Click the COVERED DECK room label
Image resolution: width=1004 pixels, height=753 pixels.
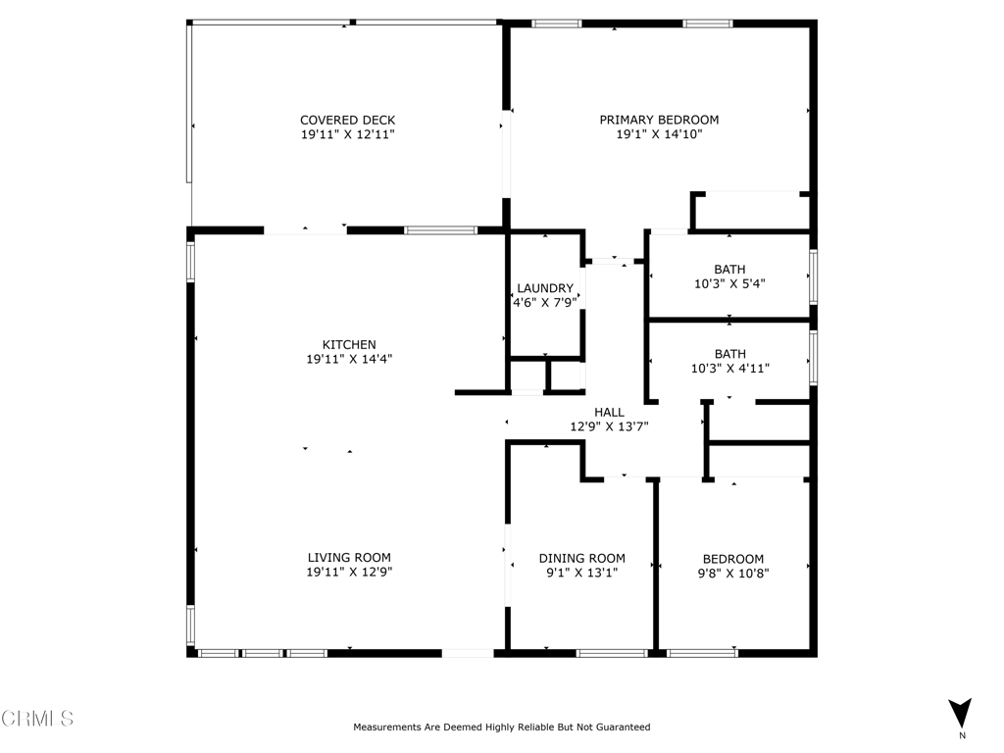pyautogui.click(x=347, y=121)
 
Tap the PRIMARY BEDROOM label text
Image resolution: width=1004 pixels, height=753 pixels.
pyautogui.click(x=659, y=121)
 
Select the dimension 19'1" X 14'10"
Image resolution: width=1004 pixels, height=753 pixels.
pyautogui.click(x=659, y=134)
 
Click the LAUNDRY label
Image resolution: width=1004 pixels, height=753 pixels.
pyautogui.click(x=545, y=288)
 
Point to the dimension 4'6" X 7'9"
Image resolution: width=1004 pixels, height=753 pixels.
pyautogui.click(x=545, y=303)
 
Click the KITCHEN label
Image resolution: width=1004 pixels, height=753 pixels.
pyautogui.click(x=349, y=345)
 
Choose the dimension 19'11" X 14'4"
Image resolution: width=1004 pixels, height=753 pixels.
pyautogui.click(x=349, y=359)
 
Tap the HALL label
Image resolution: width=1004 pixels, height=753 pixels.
pyautogui.click(x=609, y=413)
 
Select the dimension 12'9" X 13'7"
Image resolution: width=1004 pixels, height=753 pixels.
pyautogui.click(x=609, y=427)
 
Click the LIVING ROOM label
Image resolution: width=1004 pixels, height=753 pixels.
pyautogui.click(x=349, y=558)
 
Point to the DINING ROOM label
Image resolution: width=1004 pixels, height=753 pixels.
pyautogui.click(x=581, y=559)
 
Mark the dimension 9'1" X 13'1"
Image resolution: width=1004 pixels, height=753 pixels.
pyautogui.click(x=581, y=573)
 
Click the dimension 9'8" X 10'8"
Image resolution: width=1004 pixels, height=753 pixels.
pyautogui.click(x=732, y=573)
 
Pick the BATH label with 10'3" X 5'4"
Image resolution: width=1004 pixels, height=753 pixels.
pyautogui.click(x=729, y=270)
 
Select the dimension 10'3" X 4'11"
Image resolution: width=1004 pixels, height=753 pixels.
pyautogui.click(x=729, y=369)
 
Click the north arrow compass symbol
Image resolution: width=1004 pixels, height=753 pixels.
pyautogui.click(x=961, y=714)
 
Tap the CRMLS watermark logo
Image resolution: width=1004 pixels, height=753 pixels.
pyautogui.click(x=37, y=719)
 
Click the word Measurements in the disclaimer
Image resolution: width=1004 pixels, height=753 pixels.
pyautogui.click(x=387, y=728)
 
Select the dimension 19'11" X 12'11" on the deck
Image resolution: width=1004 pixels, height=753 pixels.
pyautogui.click(x=347, y=134)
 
